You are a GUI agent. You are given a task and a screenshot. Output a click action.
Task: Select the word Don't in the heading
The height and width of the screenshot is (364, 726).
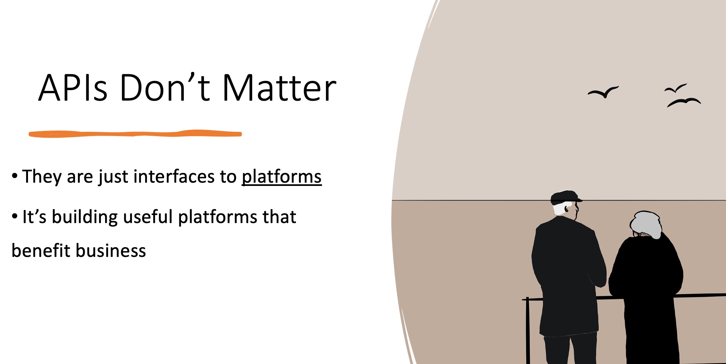[165, 87]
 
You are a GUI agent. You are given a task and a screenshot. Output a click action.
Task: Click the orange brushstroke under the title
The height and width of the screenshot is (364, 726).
[135, 134]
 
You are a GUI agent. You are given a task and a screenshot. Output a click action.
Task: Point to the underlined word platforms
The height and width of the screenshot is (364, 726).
[282, 176]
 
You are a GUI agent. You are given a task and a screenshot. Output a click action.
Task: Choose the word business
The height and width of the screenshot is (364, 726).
[111, 251]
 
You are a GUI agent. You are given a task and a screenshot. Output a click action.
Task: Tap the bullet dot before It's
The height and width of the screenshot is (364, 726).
[14, 217]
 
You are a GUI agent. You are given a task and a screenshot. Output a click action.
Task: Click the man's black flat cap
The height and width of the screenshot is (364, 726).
[565, 197]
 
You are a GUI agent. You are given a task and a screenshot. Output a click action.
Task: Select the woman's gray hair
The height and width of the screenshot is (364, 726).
[646, 224]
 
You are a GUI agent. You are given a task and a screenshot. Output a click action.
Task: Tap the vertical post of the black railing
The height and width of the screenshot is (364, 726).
[528, 330]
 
